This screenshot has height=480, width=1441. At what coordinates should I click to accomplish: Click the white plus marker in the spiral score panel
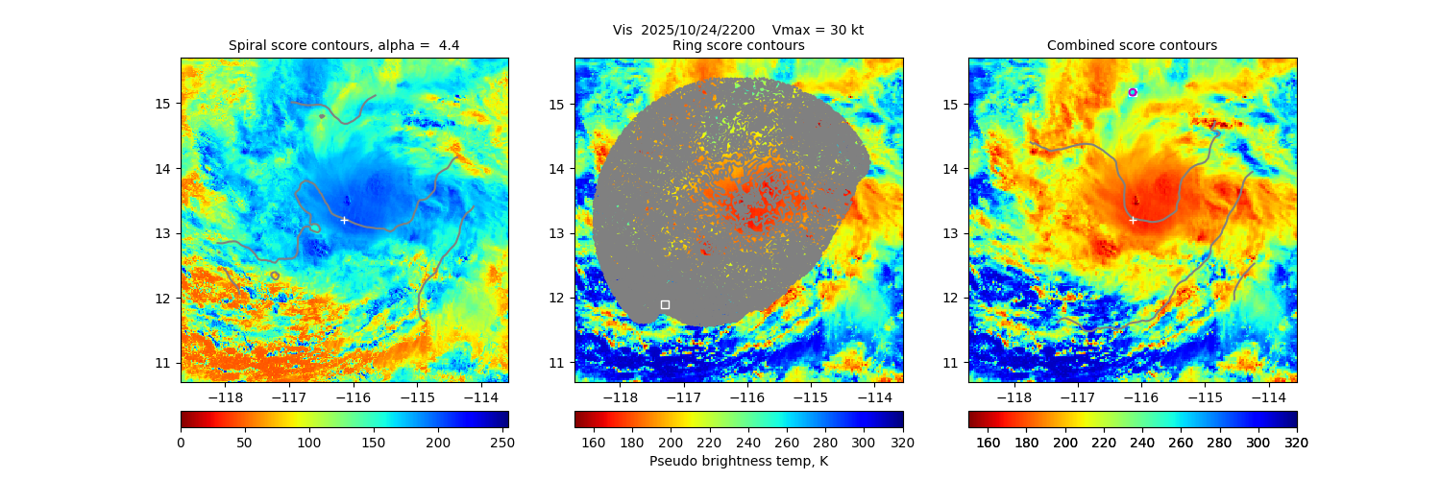click(x=344, y=220)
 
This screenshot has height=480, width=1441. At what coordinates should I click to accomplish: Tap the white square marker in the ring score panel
click(x=665, y=304)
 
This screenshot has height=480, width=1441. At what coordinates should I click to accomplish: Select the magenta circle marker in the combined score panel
click(x=1133, y=92)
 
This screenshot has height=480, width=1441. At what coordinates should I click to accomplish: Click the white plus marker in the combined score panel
click(x=1133, y=220)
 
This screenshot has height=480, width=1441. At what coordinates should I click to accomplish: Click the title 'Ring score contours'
click(x=738, y=45)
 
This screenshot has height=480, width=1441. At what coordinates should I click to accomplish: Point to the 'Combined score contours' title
click(x=1132, y=45)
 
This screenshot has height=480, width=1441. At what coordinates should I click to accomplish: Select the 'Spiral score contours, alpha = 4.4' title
click(x=344, y=45)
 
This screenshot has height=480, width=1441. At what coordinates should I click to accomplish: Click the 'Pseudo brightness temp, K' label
click(x=738, y=461)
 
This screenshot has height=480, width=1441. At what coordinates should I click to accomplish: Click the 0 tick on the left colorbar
click(x=181, y=442)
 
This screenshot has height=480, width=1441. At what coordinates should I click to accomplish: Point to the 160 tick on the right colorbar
click(x=988, y=442)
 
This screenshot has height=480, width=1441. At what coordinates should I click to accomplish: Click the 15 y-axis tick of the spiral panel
click(x=163, y=104)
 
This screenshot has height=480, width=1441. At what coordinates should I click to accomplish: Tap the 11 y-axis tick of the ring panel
click(x=557, y=363)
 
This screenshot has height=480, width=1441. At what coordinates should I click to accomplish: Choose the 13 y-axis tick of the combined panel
click(x=951, y=233)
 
